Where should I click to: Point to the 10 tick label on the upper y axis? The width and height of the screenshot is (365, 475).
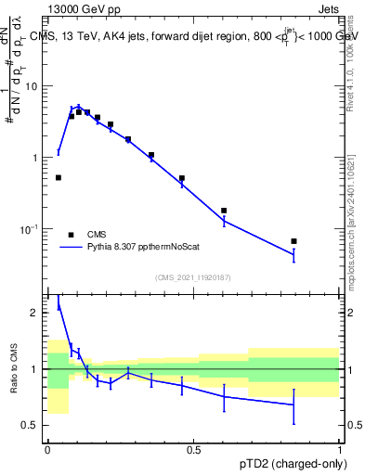coord(34,86)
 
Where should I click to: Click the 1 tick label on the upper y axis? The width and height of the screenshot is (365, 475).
coord(38,158)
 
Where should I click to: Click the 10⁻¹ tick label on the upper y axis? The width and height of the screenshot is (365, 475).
coord(33,228)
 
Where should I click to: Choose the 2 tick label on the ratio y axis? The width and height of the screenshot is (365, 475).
coord(38,313)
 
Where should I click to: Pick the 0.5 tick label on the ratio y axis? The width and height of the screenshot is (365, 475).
coord(33,425)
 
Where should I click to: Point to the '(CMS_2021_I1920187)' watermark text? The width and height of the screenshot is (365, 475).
coord(193,276)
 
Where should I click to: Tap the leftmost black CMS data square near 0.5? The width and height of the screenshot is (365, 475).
coord(59,177)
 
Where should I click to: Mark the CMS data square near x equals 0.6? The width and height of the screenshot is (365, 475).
coord(224,211)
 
